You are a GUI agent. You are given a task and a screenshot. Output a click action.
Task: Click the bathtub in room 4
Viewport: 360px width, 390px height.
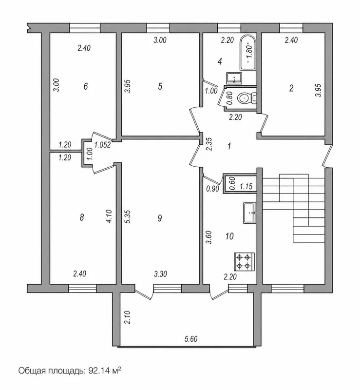click(x=248, y=53)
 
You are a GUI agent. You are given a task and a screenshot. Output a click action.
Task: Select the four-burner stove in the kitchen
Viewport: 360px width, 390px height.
click(x=244, y=262)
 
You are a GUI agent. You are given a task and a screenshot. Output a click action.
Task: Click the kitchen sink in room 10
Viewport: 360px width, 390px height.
click(x=249, y=213)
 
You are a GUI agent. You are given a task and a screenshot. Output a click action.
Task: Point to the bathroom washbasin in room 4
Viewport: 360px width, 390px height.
click(x=234, y=78)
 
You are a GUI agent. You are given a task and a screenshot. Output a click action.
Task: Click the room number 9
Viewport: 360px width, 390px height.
click(x=160, y=218)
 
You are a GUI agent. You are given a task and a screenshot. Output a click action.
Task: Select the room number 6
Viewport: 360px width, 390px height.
click(x=86, y=86)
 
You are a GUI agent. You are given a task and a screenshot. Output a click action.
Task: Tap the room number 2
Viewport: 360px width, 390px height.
click(x=291, y=88)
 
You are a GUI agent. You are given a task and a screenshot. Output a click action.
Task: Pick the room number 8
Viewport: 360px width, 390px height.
click(x=81, y=217)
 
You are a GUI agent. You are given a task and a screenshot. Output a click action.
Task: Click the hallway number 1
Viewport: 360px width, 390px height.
click(x=229, y=146)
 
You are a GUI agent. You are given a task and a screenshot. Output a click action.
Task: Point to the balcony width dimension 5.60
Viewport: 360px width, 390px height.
click(x=190, y=339)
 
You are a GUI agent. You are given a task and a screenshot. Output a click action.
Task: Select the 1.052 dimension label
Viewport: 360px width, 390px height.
click(x=103, y=145)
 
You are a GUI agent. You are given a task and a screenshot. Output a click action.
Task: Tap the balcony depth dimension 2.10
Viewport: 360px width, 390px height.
click(x=127, y=317)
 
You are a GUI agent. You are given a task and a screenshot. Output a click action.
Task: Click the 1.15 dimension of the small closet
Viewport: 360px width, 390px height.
click(x=246, y=186)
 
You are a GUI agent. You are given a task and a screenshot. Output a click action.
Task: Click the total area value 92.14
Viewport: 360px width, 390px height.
click(x=98, y=371)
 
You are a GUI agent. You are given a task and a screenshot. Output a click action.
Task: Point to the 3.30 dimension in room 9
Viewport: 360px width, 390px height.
click(x=160, y=274)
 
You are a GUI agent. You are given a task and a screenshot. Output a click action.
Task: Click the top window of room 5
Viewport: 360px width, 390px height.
click(x=158, y=28)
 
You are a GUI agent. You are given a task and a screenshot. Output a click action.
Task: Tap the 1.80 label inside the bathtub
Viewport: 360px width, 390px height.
click(x=250, y=53)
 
